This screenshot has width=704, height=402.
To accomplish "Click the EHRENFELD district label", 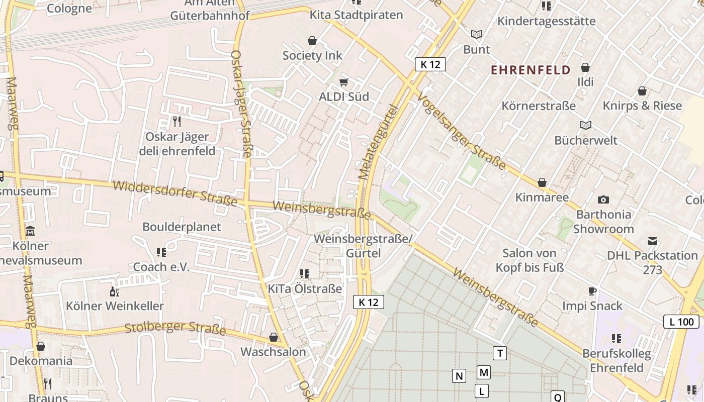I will (531, 70).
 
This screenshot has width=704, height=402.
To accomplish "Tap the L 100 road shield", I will (681, 322).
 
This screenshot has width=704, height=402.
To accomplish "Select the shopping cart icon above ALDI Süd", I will (344, 82).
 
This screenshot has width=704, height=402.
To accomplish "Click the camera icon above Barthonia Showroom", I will (603, 199).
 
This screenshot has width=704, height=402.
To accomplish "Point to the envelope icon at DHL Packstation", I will (653, 241).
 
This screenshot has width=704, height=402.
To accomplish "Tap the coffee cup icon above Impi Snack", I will (592, 291).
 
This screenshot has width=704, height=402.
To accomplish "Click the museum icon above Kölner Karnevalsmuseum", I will (30, 231).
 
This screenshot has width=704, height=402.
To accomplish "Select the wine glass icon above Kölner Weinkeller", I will (115, 291).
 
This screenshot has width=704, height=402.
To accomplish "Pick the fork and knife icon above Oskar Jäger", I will (177, 122).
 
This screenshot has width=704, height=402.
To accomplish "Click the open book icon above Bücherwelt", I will (586, 125).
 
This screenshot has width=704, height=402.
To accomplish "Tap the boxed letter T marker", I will (500, 353).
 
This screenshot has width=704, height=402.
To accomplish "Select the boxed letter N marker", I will (459, 376).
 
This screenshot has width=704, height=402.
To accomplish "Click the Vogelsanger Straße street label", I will (461, 133).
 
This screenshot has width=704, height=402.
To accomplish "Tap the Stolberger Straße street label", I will (175, 329).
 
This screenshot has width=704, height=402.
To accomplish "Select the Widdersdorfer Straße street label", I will (175, 193).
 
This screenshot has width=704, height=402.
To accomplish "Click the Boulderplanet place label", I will (182, 227).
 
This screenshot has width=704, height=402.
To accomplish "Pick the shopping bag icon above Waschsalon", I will (274, 337).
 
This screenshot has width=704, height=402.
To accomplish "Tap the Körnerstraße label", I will (539, 106).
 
